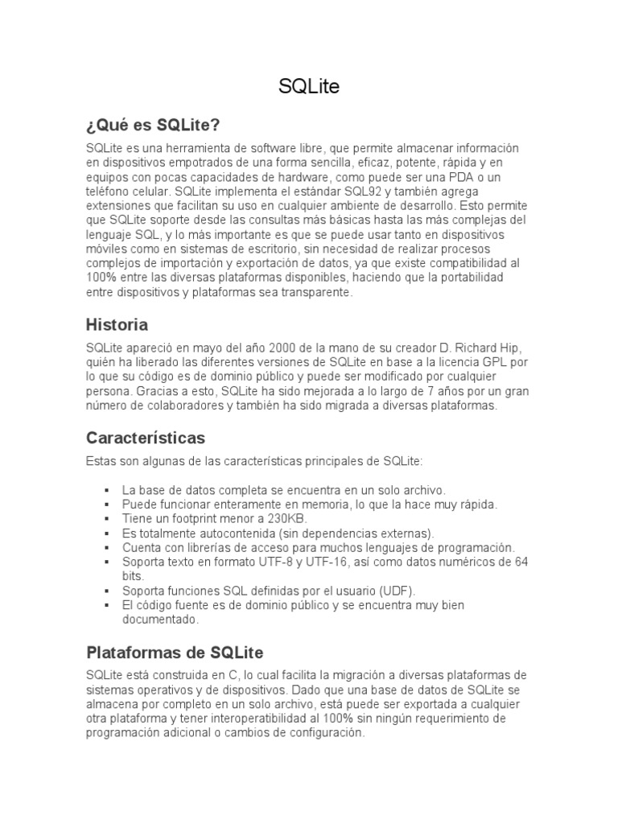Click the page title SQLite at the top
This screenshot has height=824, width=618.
click(309, 87)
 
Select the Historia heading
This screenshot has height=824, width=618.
click(117, 325)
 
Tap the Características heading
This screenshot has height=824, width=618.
click(145, 439)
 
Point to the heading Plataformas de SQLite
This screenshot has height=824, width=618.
click(175, 652)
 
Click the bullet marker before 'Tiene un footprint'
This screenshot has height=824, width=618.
click(107, 518)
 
